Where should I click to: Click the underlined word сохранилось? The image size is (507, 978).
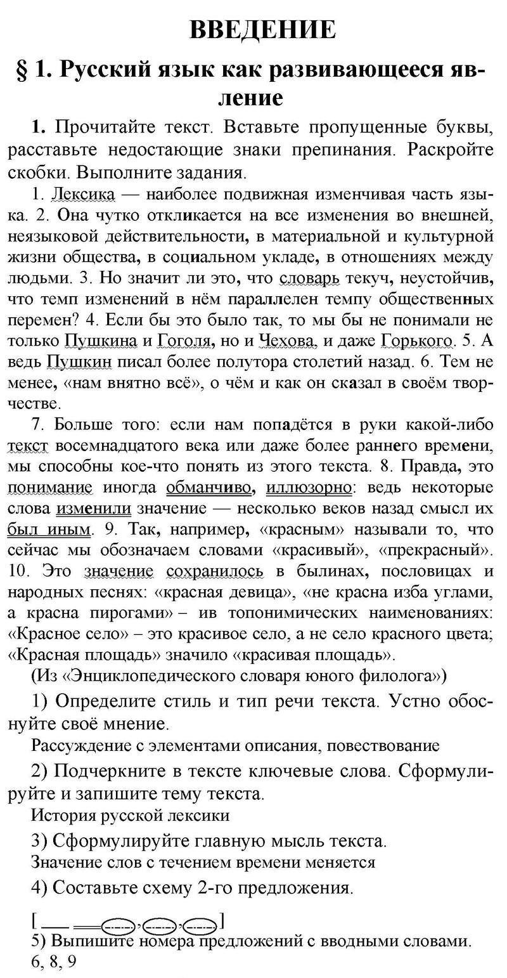[x=215, y=571]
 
